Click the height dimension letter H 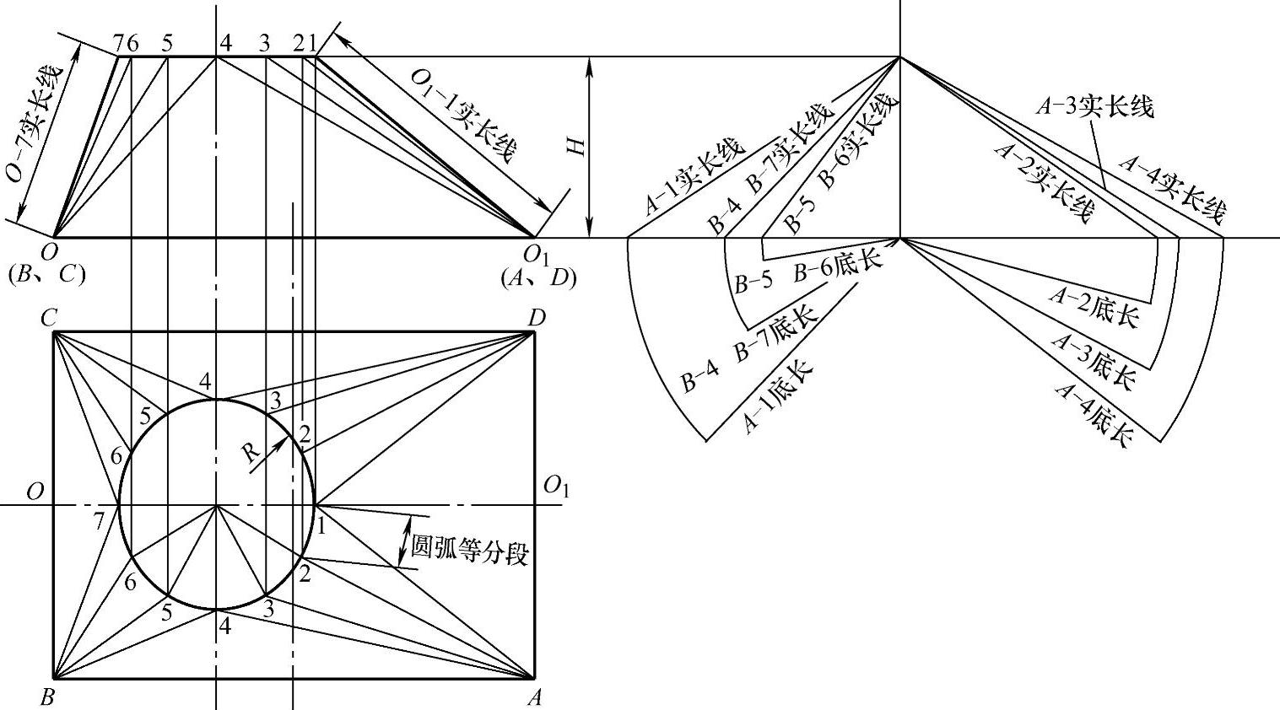point(577,146)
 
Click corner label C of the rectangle point(48,318)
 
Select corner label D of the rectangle point(536,318)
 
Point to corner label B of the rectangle point(47,697)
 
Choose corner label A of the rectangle point(534,697)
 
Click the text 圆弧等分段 point(469,552)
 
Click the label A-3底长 point(1094,359)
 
